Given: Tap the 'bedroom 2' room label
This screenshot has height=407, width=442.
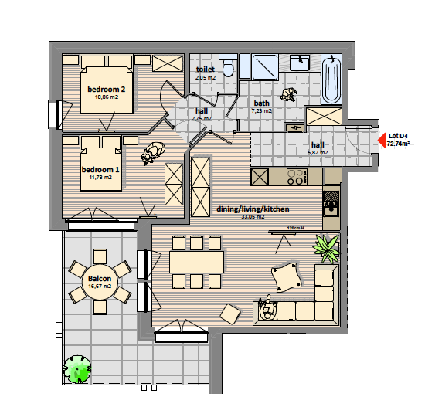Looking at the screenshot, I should click(x=106, y=90).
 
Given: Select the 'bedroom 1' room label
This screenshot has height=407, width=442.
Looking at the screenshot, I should click(x=100, y=169).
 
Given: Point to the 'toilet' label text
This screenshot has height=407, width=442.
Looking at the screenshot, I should click(x=205, y=70).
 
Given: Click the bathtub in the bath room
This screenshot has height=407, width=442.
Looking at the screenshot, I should click(x=332, y=80).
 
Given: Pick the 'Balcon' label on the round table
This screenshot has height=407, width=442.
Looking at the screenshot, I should click(x=100, y=279).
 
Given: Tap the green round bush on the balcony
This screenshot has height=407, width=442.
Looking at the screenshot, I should click(x=78, y=369).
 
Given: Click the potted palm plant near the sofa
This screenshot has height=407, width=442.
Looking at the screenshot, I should click(x=326, y=248).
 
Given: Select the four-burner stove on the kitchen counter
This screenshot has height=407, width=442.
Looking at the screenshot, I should click(x=296, y=177).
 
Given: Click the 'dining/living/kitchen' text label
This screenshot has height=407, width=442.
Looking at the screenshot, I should click(x=253, y=209).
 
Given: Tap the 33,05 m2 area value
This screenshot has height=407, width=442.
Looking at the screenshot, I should click(x=253, y=217).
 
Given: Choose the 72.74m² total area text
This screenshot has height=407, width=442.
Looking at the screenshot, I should click(x=398, y=144).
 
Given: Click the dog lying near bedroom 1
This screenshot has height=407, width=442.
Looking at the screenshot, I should click(x=153, y=154).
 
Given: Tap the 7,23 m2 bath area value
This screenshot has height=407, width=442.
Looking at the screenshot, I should click(x=262, y=111).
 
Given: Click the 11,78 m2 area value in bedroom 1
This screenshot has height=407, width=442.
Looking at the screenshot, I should click(x=100, y=177).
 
